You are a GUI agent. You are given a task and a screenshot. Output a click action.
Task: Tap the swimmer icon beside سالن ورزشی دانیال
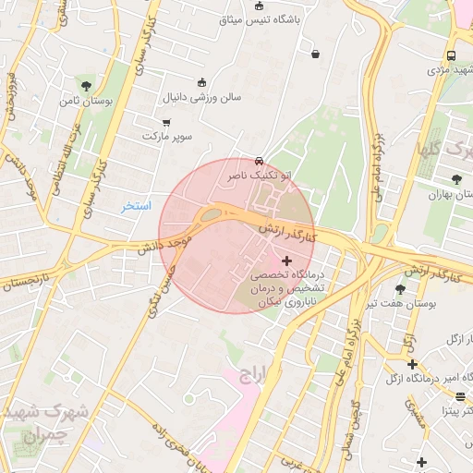pyautogui.click(x=202, y=82)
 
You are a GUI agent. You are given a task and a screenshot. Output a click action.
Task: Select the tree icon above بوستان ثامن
pyautogui.click(x=86, y=85)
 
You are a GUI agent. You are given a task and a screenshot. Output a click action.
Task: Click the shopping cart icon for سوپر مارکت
pyautogui.click(x=166, y=122)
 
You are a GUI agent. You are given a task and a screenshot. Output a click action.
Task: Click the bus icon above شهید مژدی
pyautogui.click(x=450, y=55)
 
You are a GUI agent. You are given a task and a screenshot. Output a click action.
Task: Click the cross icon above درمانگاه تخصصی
pyautogui.click(x=286, y=261)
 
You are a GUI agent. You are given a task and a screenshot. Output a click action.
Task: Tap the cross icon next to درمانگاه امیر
pyautogui.click(x=412, y=365)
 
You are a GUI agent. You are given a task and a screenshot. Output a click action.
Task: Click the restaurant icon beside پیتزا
pyautogui.click(x=459, y=396)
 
